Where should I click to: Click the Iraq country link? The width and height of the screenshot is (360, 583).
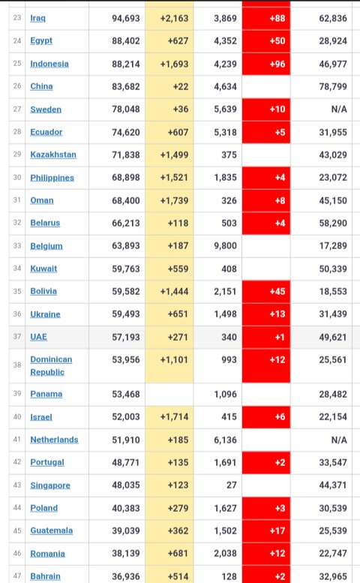(x=38, y=18)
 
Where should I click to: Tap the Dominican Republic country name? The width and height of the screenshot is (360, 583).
(x=51, y=366)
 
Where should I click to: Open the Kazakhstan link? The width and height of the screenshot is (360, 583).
(x=53, y=155)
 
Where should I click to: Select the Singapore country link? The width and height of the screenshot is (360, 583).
(x=50, y=485)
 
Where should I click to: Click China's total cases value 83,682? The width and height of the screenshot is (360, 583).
(x=126, y=86)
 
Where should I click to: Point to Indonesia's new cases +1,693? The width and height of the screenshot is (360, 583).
(x=174, y=64)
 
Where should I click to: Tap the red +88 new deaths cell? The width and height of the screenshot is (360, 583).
(x=266, y=18)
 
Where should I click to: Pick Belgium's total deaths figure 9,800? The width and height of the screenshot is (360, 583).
(x=225, y=246)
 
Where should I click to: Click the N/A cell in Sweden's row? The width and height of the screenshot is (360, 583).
(x=339, y=110)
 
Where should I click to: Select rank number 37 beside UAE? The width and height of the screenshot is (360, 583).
(x=17, y=337)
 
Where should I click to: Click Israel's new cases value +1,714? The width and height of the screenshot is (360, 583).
(x=174, y=416)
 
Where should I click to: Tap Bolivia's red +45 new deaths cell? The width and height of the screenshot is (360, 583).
(x=266, y=291)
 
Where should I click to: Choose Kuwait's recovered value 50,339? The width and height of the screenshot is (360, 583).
(x=333, y=269)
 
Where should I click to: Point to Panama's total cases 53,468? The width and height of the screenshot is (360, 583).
(x=126, y=394)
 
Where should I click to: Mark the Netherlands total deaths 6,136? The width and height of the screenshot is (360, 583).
(x=225, y=440)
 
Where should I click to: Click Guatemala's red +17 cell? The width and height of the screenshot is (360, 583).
(x=266, y=530)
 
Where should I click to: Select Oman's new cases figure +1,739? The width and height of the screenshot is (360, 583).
(x=174, y=201)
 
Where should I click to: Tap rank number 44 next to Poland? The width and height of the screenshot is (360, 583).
(x=17, y=508)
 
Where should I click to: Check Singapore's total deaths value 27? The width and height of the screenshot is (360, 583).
(x=232, y=485)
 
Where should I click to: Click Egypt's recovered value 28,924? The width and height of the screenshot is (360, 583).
(x=333, y=41)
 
